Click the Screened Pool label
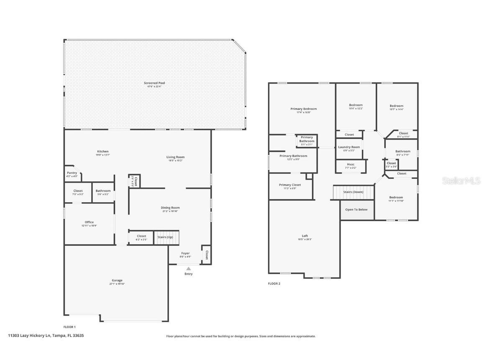(x=154, y=83)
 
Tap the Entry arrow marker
(x=188, y=269)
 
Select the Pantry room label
(x=72, y=173)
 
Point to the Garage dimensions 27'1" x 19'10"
(x=117, y=284)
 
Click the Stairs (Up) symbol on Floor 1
(x=166, y=237)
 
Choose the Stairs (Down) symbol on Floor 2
(x=353, y=192)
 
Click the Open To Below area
(x=356, y=210)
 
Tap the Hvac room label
(x=351, y=164)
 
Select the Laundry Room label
(x=349, y=147)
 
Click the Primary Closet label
(x=290, y=185)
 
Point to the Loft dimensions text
(x=305, y=239)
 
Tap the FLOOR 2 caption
(x=274, y=284)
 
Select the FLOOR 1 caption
(x=69, y=327)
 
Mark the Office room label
(x=89, y=222)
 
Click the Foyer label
(x=185, y=253)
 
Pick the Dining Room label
(x=170, y=208)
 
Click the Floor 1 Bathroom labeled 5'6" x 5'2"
(x=103, y=191)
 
